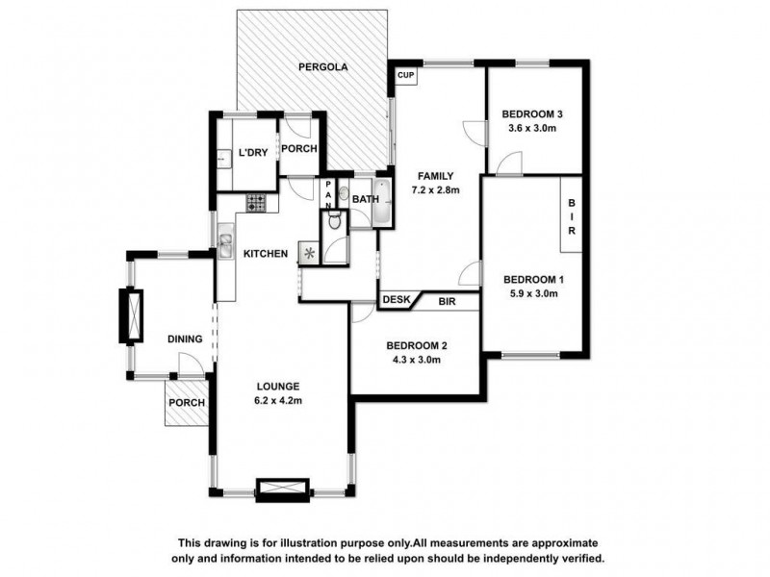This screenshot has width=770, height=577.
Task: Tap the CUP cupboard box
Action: point(404,75)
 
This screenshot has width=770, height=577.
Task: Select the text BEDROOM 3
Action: point(532,114)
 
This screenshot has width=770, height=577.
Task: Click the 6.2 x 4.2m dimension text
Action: point(277,401)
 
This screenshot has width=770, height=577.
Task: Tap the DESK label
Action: point(396,300)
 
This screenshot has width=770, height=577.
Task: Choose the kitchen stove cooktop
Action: point(256,202)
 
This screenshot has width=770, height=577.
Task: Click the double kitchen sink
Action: point(223,246)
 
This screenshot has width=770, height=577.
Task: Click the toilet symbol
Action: point(333,220)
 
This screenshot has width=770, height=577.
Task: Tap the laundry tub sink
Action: point(222,160)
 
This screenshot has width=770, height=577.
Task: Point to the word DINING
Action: point(184,339)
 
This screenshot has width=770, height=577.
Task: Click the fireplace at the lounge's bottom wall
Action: point(284,489)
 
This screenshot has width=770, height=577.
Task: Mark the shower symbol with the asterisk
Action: point(309,253)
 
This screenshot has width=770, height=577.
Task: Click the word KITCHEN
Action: point(265,254)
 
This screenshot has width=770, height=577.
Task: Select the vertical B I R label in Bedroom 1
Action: point(571,217)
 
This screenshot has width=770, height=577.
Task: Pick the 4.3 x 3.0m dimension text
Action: point(416,361)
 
